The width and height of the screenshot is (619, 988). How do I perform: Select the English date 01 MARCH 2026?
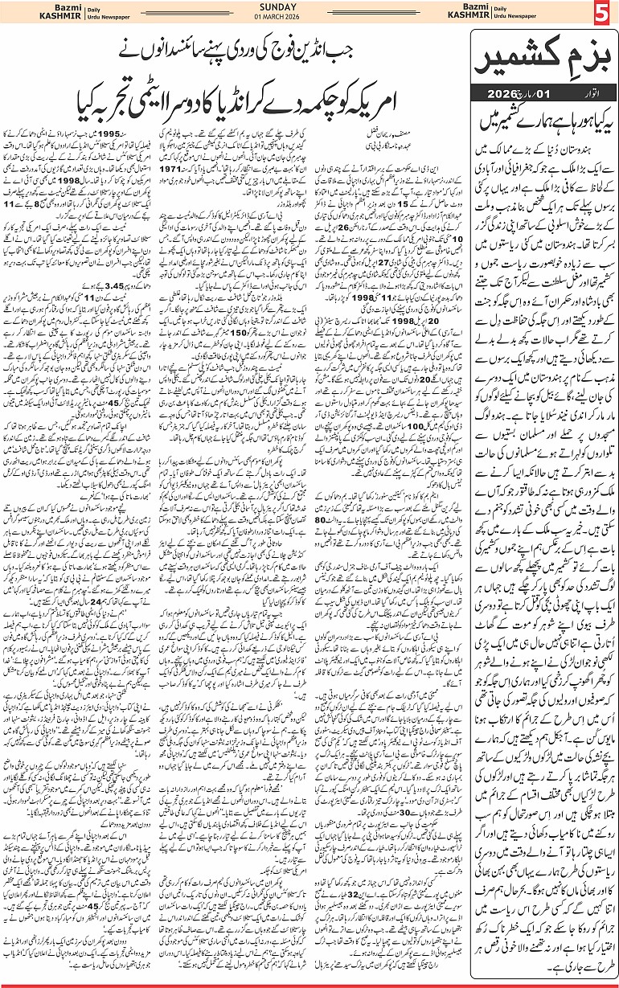pos(309,19)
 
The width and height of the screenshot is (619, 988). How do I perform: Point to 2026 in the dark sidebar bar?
pos(507,95)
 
